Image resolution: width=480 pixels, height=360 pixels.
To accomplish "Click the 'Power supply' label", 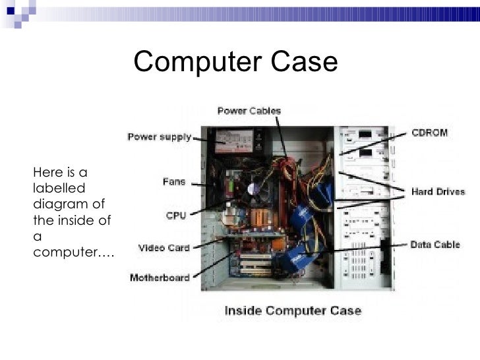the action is pyautogui.click(x=159, y=138).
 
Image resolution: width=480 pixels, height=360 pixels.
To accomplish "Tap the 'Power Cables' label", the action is pyautogui.click(x=249, y=111).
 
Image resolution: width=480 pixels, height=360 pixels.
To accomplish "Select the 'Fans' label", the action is pyautogui.click(x=174, y=181).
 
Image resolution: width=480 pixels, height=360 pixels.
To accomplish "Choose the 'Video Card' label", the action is pyautogui.click(x=164, y=249).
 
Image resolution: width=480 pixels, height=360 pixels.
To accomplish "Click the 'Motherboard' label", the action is pyautogui.click(x=160, y=277).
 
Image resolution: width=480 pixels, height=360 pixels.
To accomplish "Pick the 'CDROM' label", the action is pyautogui.click(x=429, y=133).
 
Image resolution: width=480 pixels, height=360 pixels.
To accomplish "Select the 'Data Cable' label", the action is pyautogui.click(x=436, y=245).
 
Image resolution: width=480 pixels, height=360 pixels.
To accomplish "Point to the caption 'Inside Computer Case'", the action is pyautogui.click(x=293, y=311).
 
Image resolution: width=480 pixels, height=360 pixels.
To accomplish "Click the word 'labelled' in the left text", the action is pyautogui.click(x=53, y=187).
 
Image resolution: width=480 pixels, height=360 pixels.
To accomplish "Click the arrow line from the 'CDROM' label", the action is pyautogui.click(x=373, y=143).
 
